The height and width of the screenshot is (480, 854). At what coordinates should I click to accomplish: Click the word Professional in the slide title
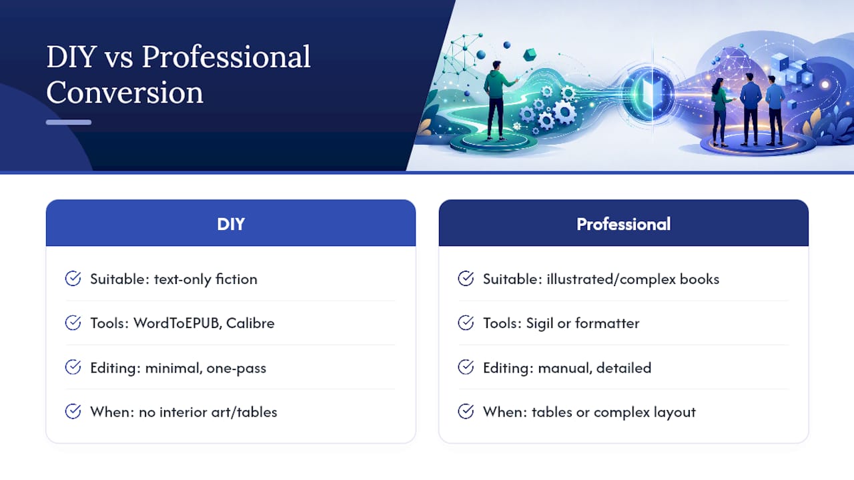[226, 57]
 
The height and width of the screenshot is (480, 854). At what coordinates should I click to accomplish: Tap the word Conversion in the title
[125, 92]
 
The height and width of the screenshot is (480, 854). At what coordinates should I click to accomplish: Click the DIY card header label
[231, 224]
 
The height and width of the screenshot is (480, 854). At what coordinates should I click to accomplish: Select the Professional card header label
[623, 224]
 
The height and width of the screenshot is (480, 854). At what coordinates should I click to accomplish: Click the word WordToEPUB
[177, 323]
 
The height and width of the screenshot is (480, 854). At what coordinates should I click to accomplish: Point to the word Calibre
[250, 323]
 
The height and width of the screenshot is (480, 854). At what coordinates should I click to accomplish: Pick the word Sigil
[540, 323]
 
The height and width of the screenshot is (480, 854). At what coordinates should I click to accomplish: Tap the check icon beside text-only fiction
[73, 279]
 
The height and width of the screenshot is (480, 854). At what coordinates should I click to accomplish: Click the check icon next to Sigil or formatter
[466, 323]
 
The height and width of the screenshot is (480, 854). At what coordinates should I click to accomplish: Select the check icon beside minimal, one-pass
[73, 367]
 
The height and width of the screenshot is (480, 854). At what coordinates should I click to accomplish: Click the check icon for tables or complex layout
[466, 411]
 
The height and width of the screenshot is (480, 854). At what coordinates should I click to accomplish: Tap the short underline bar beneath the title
[69, 122]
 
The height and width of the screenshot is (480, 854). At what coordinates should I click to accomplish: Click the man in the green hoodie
[498, 101]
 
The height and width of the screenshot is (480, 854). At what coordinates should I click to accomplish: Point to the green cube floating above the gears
[530, 55]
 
